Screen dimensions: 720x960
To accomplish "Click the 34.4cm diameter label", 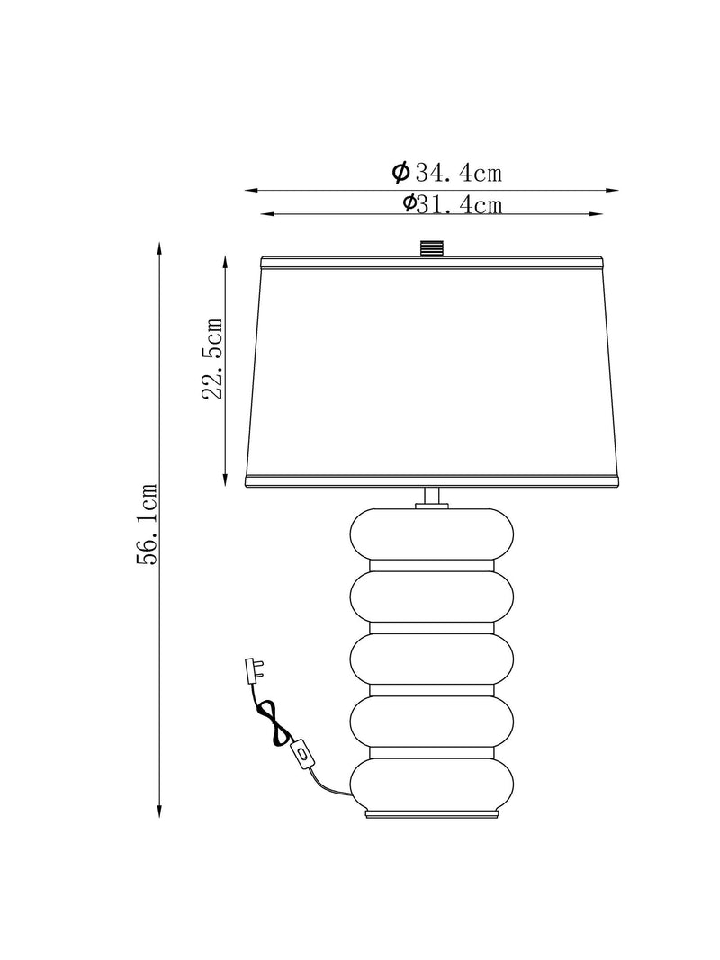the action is click(447, 173).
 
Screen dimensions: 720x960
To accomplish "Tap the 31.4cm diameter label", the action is click(453, 204).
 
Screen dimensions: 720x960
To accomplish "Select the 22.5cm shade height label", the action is click(212, 358).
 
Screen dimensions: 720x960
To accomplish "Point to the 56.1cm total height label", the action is click(147, 524).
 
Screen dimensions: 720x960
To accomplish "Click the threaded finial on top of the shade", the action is click(432, 248).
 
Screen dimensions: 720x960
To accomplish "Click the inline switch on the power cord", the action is click(301, 752).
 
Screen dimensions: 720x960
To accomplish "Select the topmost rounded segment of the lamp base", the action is click(432, 534).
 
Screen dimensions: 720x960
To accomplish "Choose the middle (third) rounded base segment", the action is click(432, 659).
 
